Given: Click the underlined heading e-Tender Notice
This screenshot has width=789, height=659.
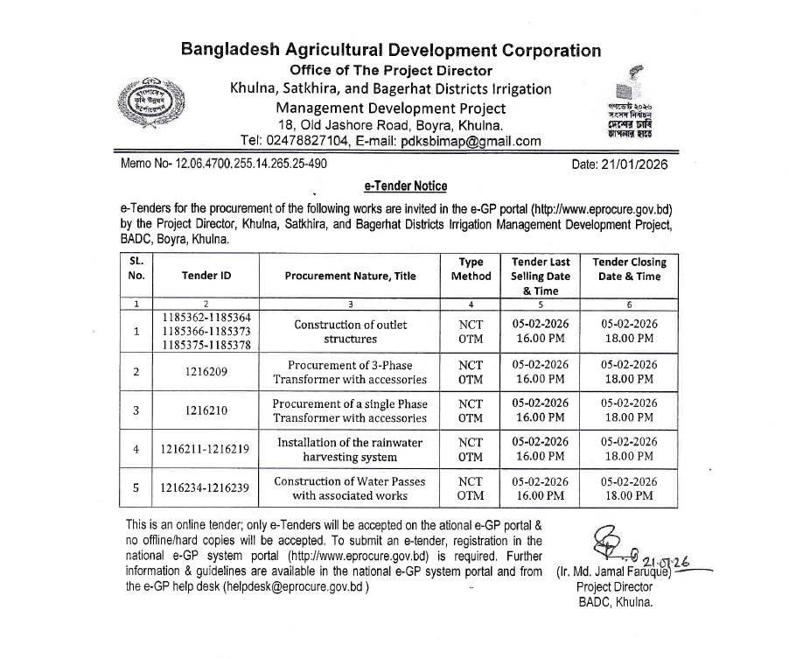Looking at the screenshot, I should click(405, 186).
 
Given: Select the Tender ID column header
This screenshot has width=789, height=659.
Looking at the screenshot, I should click(206, 276).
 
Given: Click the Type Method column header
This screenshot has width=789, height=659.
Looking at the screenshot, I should click(471, 269).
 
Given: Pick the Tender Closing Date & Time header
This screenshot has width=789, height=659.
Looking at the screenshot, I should click(629, 269).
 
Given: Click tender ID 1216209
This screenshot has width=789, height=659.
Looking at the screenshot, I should click(206, 372).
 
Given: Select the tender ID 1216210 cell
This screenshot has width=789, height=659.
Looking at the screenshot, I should click(206, 410).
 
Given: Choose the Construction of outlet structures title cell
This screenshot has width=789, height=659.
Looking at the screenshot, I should click(350, 332).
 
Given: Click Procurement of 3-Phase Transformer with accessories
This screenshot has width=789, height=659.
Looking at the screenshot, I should click(350, 372).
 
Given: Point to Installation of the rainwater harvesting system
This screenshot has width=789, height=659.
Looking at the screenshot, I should click(350, 449).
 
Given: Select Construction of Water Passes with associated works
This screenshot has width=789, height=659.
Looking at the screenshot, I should click(350, 487).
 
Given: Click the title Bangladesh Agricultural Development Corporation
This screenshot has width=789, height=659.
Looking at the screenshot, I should click(390, 50).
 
